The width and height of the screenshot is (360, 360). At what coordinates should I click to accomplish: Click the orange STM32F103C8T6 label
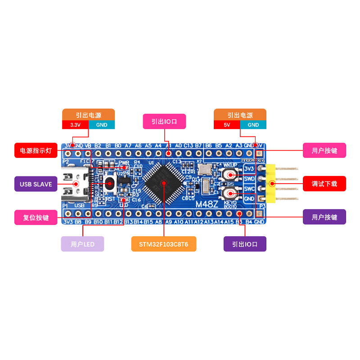(164, 244)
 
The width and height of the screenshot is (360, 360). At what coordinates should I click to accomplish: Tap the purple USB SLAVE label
(36, 184)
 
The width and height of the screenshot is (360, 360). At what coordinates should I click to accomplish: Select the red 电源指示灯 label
(36, 150)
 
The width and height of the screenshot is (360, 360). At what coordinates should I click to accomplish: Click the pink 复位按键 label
(36, 217)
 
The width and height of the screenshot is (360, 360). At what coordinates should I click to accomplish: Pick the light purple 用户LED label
(82, 244)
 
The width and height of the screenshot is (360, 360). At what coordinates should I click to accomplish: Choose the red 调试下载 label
(324, 184)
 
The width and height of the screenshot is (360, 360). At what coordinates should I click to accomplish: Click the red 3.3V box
(75, 125)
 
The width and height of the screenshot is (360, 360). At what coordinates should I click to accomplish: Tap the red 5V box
(227, 125)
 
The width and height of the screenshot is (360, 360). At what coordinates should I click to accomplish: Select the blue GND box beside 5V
(253, 125)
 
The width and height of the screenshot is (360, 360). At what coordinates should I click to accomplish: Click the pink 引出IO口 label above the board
(164, 121)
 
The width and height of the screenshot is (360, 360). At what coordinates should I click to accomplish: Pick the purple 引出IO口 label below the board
(245, 244)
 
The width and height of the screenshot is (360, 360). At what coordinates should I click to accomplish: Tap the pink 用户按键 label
(324, 150)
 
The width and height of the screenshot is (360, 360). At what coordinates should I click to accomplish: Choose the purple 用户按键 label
(324, 217)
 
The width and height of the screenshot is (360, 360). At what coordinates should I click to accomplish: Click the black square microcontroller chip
(163, 183)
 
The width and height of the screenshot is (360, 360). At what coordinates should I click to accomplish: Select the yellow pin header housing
(271, 184)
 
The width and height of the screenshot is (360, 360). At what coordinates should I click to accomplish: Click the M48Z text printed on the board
(207, 203)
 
